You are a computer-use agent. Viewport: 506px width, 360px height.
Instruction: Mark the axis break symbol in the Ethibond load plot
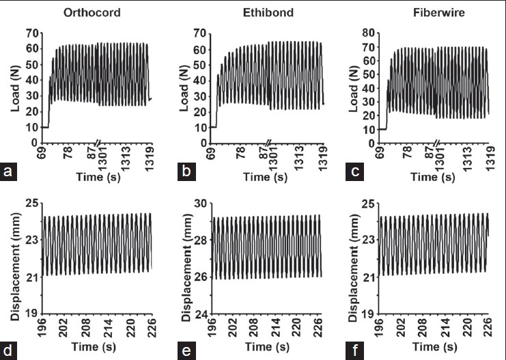pyautogui.click(x=268, y=143)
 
